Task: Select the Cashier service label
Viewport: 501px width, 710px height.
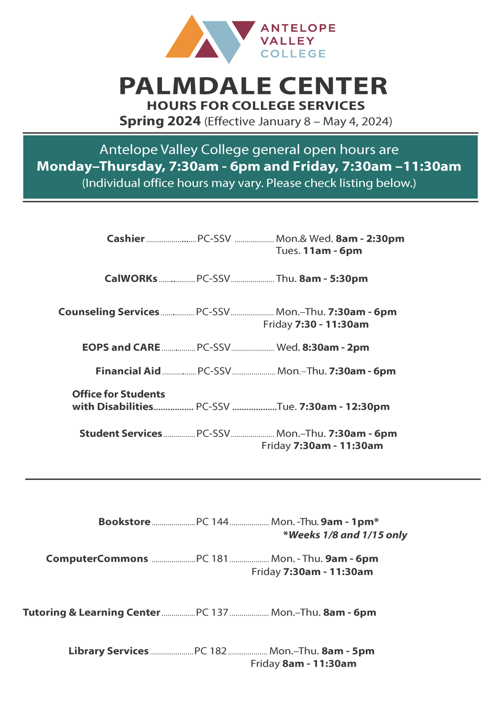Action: pyautogui.click(x=126, y=238)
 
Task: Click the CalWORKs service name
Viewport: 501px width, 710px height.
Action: pyautogui.click(x=131, y=279)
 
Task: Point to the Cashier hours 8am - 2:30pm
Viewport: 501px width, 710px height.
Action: pyautogui.click(x=370, y=238)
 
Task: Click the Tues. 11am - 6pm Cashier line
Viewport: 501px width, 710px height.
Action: pyautogui.click(x=319, y=251)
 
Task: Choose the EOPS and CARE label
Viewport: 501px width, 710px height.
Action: pyautogui.click(x=121, y=347)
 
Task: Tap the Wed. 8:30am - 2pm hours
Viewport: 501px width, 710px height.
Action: pyautogui.click(x=323, y=347)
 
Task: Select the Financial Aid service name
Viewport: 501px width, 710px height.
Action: pyautogui.click(x=128, y=371)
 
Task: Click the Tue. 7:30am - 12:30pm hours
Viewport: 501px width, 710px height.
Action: pyautogui.click(x=333, y=406)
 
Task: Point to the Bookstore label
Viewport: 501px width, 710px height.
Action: pyautogui.click(x=124, y=522)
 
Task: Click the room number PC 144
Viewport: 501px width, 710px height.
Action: pyautogui.click(x=212, y=522)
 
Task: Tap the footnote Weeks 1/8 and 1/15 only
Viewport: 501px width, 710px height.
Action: pyautogui.click(x=345, y=535)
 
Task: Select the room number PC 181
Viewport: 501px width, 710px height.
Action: pyautogui.click(x=212, y=559)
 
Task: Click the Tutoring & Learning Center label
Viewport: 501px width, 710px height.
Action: pyautogui.click(x=91, y=613)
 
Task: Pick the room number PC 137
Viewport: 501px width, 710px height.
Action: pyautogui.click(x=212, y=613)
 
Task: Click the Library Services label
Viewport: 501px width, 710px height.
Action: pyautogui.click(x=109, y=651)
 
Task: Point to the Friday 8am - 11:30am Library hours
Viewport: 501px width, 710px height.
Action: pyautogui.click(x=304, y=664)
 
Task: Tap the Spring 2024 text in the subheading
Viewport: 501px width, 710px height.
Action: pyautogui.click(x=160, y=121)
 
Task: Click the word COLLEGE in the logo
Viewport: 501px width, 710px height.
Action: pyautogui.click(x=293, y=54)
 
